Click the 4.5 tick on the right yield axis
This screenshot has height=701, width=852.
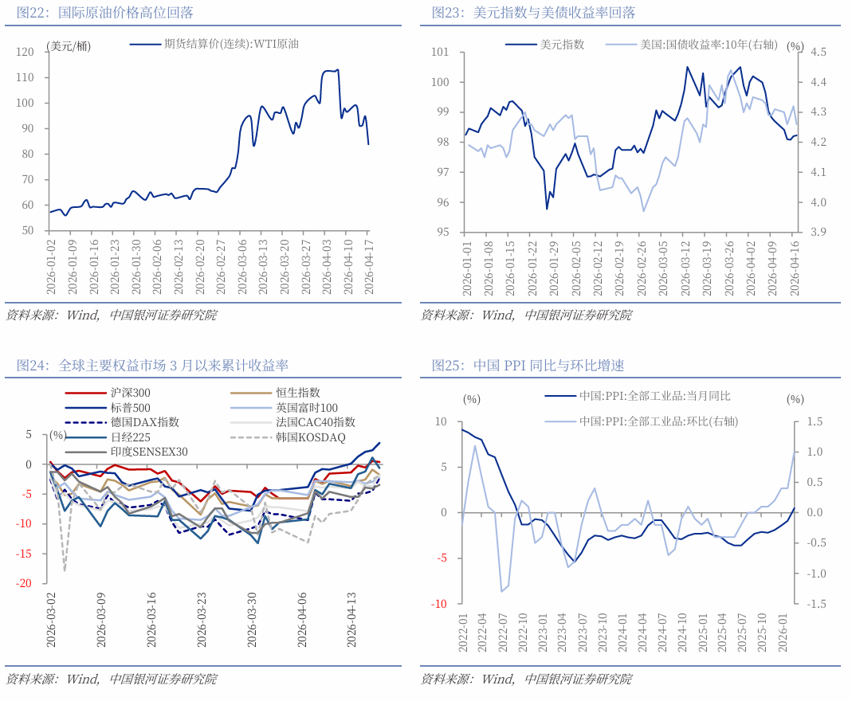(x=819, y=52)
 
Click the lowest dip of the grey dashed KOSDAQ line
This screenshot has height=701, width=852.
(x=65, y=570)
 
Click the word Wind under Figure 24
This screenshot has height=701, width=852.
(x=83, y=679)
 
